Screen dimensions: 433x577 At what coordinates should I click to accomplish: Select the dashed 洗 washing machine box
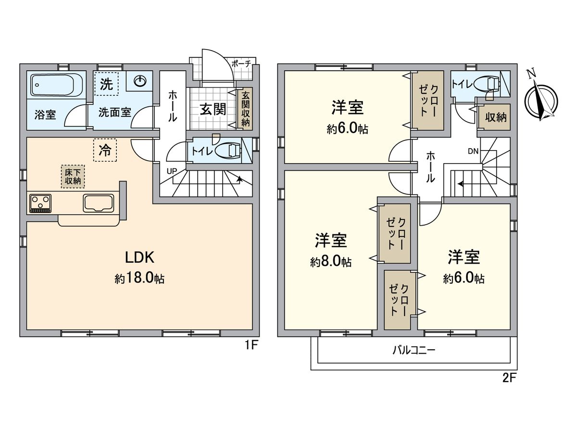(107, 85)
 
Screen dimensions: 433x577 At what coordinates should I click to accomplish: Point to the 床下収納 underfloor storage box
(73, 177)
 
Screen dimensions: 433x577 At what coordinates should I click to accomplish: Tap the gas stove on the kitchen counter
(41, 203)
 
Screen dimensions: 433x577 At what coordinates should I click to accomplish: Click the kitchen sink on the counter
(99, 203)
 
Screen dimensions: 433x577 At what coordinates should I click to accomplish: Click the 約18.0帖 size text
(139, 279)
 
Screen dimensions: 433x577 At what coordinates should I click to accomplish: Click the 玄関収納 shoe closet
(246, 109)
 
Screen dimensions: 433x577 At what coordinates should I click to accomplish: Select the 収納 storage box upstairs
(495, 117)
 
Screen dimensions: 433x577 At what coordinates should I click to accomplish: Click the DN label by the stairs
(473, 151)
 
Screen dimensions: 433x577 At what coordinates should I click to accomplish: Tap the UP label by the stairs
(171, 171)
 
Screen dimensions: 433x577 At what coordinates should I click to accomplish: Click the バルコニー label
(413, 350)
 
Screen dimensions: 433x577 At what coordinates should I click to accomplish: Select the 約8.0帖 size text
(331, 262)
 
